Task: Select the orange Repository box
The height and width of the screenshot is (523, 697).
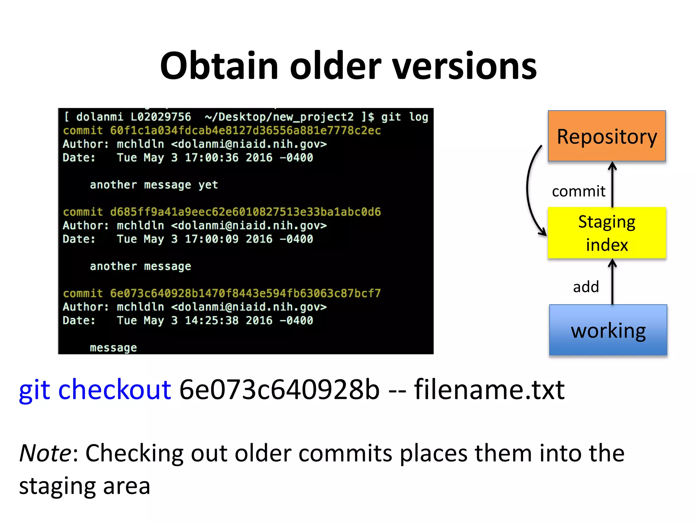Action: [x=606, y=136]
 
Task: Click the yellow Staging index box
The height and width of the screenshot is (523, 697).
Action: [x=606, y=233]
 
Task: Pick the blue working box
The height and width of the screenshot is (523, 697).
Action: [x=608, y=330]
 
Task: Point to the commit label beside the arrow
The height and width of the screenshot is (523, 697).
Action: [x=579, y=191]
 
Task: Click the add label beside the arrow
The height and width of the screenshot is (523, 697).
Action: [x=586, y=287]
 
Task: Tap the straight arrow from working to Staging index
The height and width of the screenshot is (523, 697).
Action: [x=612, y=283]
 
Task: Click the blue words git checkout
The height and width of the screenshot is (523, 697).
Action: [x=95, y=390]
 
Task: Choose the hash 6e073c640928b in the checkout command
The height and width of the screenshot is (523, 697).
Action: [x=279, y=390]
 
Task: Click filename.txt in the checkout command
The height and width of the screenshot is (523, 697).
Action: [x=489, y=390]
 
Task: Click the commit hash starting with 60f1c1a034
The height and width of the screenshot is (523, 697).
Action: [x=245, y=130]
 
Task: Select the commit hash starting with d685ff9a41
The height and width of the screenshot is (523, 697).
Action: [x=245, y=212]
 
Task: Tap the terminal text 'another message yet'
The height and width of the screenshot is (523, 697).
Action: [x=154, y=185]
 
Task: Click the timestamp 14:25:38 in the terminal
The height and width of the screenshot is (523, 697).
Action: [x=212, y=320]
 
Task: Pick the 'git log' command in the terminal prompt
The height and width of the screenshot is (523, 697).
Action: [x=404, y=117]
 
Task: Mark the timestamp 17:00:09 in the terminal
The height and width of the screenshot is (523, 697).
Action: [x=212, y=239]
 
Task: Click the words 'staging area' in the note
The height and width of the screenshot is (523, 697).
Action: [x=85, y=486]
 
